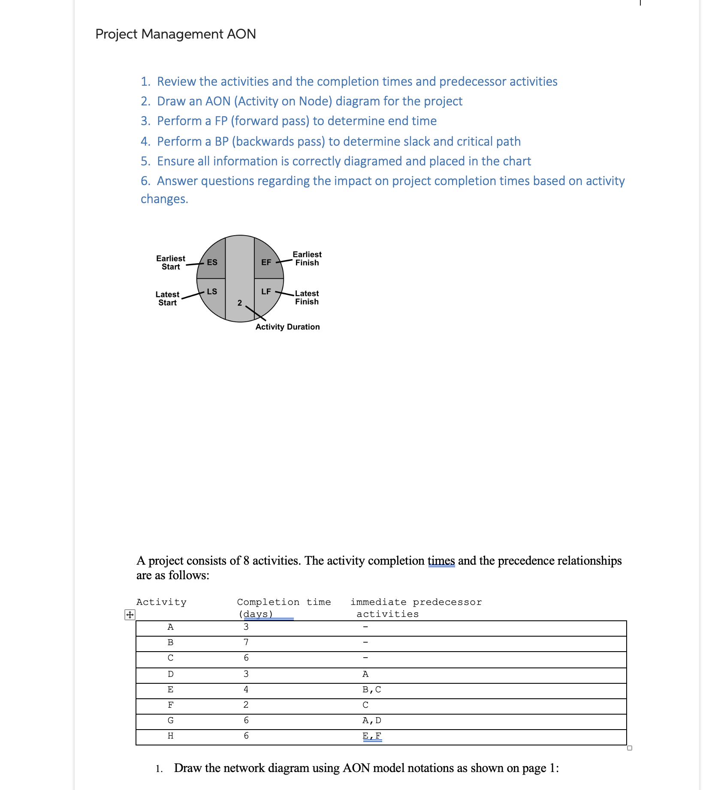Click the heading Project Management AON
pos(175,34)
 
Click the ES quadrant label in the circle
pos(212,262)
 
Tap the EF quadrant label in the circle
pos(266,262)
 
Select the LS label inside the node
pos(212,291)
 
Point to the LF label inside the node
pos(266,291)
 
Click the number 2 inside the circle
pos(240,303)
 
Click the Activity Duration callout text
pos(287,327)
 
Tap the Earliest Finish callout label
pos(307,258)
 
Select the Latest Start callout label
pos(167,298)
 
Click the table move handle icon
pos(130,615)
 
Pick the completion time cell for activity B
pos(246,642)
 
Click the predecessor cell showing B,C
pos(371,689)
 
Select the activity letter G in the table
pos(170,720)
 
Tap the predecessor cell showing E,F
pos(371,736)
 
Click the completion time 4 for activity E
pos(246,689)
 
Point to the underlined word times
pos(441,560)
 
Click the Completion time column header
pos(284,602)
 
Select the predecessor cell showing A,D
pos(371,720)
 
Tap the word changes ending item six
pos(164,199)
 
